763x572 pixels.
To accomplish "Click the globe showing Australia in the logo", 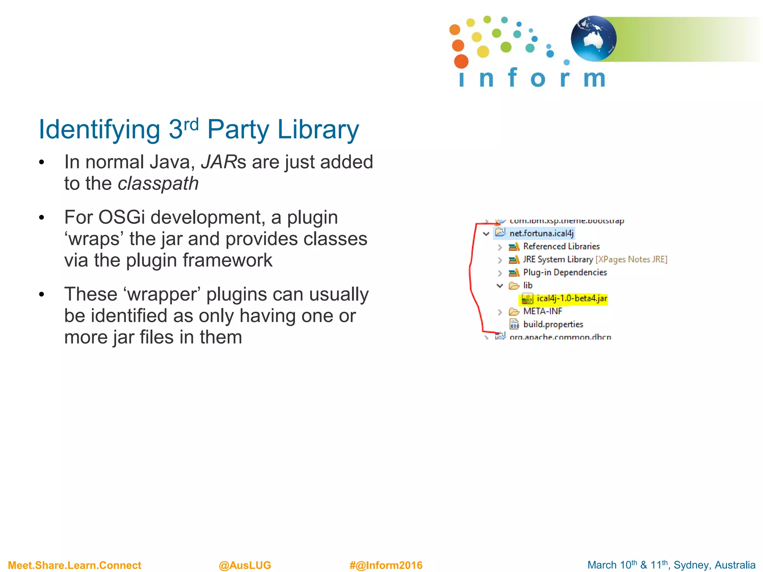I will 593,38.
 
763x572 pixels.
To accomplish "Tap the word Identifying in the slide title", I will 99,130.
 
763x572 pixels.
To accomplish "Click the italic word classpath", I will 158,183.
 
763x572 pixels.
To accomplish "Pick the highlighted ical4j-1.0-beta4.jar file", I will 572,299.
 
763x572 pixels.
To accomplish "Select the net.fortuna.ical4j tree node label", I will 541,233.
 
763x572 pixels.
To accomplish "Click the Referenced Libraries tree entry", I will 561,247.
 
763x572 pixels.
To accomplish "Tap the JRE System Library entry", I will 558,260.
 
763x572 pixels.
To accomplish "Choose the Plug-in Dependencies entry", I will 565,273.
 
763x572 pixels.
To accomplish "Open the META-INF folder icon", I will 514,312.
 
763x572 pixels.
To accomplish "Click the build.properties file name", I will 553,324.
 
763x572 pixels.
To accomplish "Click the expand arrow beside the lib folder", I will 500,286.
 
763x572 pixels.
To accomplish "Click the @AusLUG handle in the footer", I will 245,565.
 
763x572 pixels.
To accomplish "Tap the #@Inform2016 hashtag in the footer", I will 386,565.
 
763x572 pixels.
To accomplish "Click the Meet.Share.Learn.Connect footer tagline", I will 75,565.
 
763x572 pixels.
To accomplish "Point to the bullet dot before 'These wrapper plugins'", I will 42,295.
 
